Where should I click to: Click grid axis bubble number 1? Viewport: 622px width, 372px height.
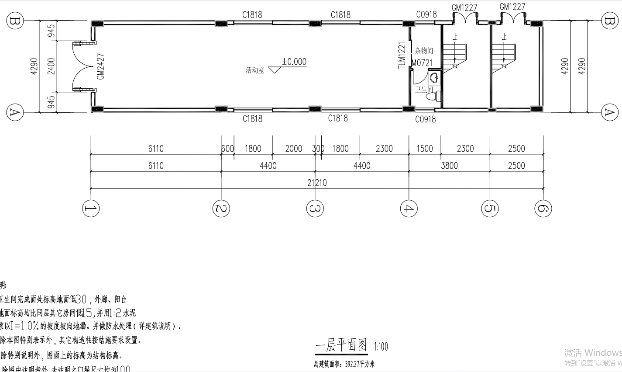(x=90, y=209)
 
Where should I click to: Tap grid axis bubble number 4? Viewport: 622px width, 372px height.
(x=409, y=209)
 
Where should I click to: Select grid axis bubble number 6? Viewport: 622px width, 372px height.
(x=543, y=209)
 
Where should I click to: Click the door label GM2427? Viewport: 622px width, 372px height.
(x=101, y=66)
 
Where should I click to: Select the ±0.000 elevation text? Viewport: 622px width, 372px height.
(x=294, y=62)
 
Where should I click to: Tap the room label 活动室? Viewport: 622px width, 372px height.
(x=255, y=70)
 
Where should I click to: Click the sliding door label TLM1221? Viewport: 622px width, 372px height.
(x=402, y=55)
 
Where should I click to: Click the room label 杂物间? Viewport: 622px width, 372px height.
(x=424, y=51)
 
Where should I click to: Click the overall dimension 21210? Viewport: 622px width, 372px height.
(x=317, y=183)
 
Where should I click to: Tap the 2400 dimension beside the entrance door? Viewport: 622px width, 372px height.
(x=52, y=66)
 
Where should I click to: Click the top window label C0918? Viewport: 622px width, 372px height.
(x=426, y=14)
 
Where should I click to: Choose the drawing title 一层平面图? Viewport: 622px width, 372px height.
(x=342, y=346)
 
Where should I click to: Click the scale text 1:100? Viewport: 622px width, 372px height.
(x=381, y=347)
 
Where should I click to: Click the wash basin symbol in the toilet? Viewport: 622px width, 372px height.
(x=434, y=78)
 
